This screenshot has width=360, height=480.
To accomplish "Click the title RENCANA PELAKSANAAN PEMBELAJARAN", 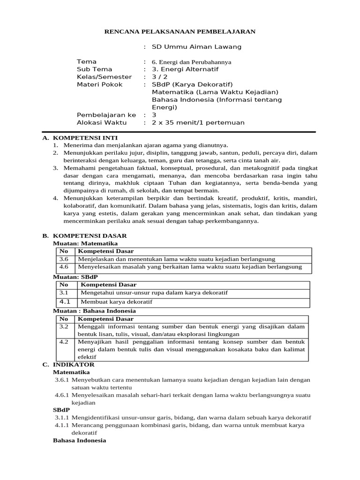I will (x=180, y=31).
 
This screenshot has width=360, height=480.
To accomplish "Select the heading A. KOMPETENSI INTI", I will (x=80, y=138).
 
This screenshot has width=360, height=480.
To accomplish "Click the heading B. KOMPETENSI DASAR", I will (x=84, y=236).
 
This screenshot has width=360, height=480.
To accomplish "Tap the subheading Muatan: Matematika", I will (x=85, y=244).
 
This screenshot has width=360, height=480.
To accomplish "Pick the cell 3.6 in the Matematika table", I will (x=64, y=259).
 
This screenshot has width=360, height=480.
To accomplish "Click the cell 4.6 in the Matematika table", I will (x=64, y=267).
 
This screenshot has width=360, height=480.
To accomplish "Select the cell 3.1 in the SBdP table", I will (x=65, y=292).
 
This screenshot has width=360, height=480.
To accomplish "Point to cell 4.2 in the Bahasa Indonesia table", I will (x=64, y=342).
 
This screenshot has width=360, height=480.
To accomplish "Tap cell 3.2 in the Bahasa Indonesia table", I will (x=64, y=326).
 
